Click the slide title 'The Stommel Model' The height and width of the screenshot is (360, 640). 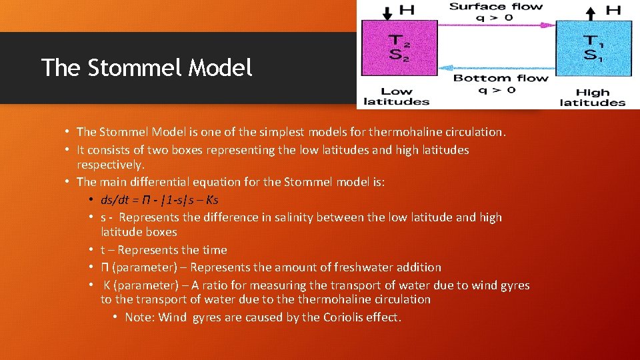point(147,67)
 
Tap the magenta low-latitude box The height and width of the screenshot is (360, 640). point(399,48)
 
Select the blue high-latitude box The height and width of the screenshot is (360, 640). point(593,48)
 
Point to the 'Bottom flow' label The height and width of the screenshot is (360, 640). point(500,78)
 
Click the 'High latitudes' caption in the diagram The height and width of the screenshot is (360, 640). point(592,97)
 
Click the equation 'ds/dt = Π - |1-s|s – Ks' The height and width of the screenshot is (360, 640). point(159,199)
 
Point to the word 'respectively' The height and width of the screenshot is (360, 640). point(110,164)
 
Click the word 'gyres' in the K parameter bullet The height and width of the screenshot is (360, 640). point(513,285)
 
